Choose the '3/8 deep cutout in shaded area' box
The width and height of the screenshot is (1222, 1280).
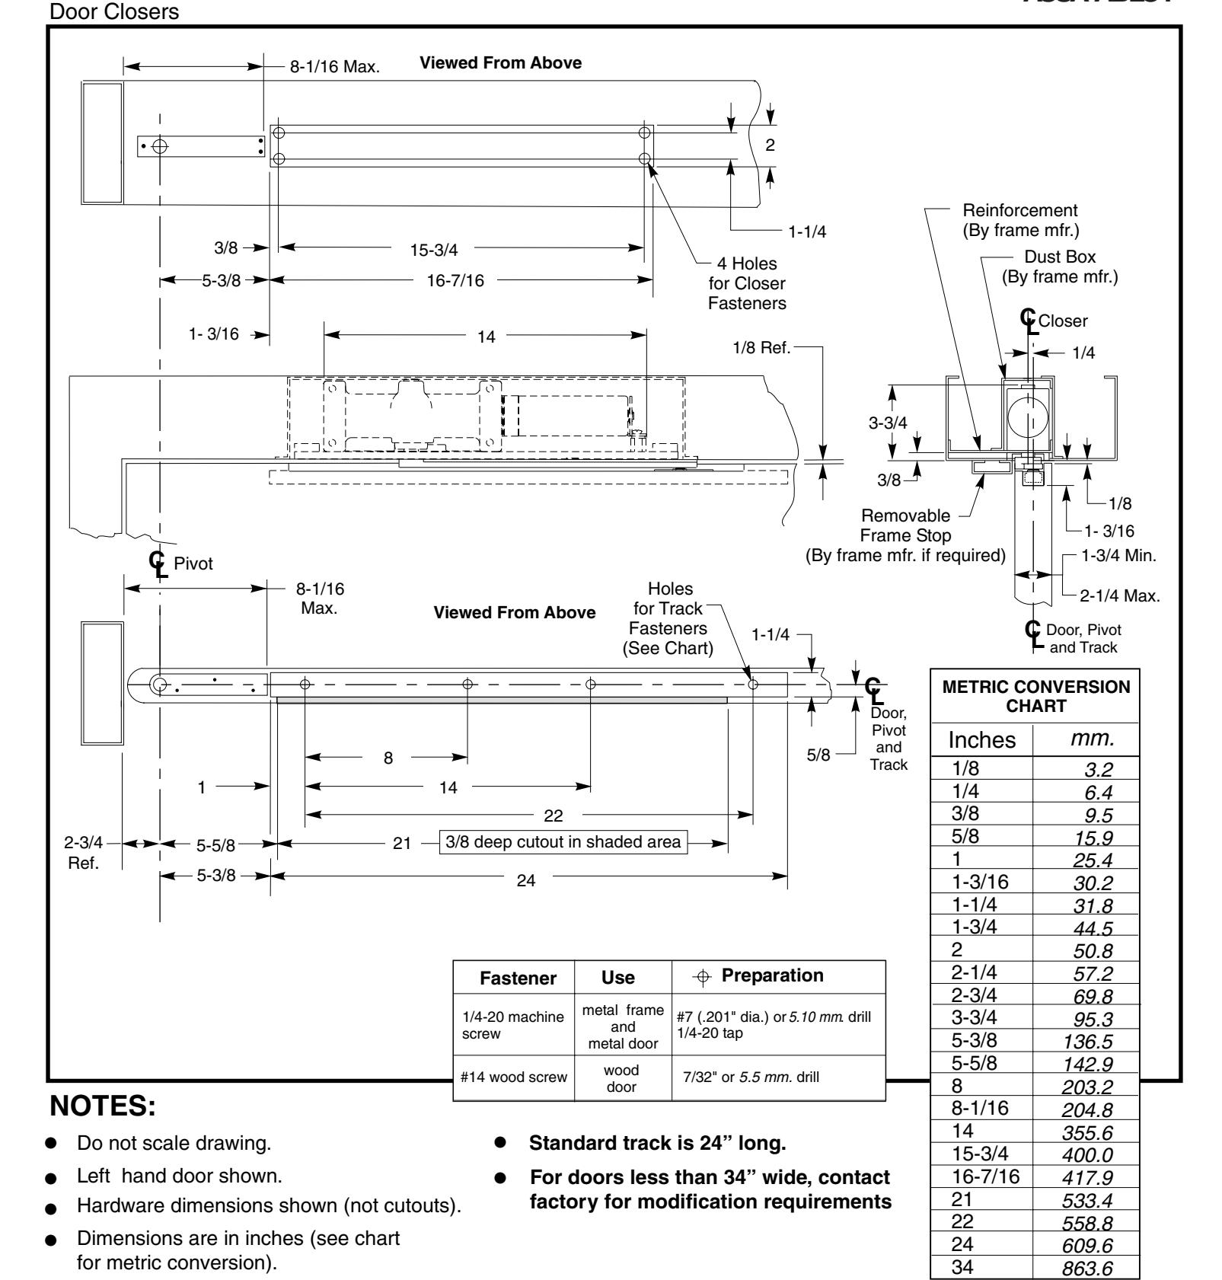point(564,843)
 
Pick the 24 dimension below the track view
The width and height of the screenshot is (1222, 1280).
point(526,880)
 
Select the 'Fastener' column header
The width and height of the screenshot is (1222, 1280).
point(515,976)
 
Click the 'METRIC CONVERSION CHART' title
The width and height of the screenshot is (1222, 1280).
point(1036,695)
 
